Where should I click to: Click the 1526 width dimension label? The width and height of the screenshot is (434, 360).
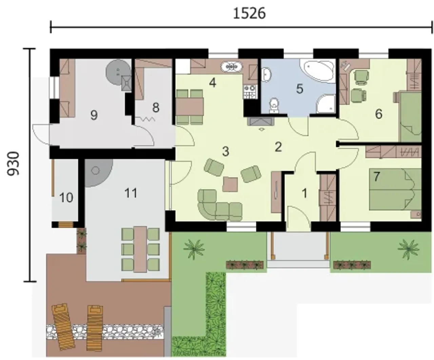(249, 14)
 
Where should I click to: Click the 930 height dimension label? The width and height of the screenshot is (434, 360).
(13, 163)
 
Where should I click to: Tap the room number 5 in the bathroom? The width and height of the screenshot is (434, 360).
(299, 89)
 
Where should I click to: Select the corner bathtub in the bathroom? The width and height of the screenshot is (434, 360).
(318, 71)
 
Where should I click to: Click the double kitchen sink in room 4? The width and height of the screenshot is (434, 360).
(232, 67)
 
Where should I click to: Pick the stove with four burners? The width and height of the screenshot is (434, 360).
(250, 92)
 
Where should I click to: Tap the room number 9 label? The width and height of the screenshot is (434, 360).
(94, 115)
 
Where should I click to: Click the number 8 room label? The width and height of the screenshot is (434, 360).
(156, 108)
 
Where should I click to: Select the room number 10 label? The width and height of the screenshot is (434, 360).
(66, 197)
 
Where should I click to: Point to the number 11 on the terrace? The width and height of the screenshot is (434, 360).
(131, 193)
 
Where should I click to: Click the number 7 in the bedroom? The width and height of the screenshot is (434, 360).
(377, 176)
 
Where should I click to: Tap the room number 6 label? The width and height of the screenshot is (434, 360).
(379, 114)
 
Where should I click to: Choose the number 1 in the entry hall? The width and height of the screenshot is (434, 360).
(304, 193)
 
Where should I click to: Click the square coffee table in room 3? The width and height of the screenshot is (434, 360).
(230, 184)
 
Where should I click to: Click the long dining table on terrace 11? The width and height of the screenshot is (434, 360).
(140, 249)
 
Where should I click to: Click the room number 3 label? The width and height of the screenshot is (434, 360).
(226, 151)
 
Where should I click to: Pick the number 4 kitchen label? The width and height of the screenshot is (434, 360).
(213, 83)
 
